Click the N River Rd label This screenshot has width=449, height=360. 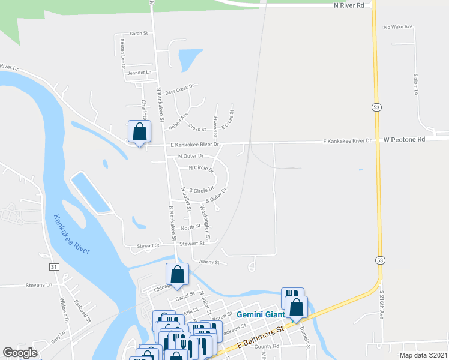coord(349,5)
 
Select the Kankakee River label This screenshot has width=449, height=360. coord(71,234)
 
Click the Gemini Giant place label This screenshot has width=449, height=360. coord(259,314)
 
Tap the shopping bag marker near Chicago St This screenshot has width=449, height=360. coord(178,274)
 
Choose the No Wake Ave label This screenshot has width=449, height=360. coord(399,27)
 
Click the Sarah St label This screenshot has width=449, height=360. coord(139,34)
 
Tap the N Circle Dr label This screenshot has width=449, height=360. coord(201,169)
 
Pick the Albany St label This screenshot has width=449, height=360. coord(209,262)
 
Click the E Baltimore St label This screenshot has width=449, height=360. coord(260,338)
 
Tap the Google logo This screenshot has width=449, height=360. coord(20,353)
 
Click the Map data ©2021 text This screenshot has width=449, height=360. coord(423,355)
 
